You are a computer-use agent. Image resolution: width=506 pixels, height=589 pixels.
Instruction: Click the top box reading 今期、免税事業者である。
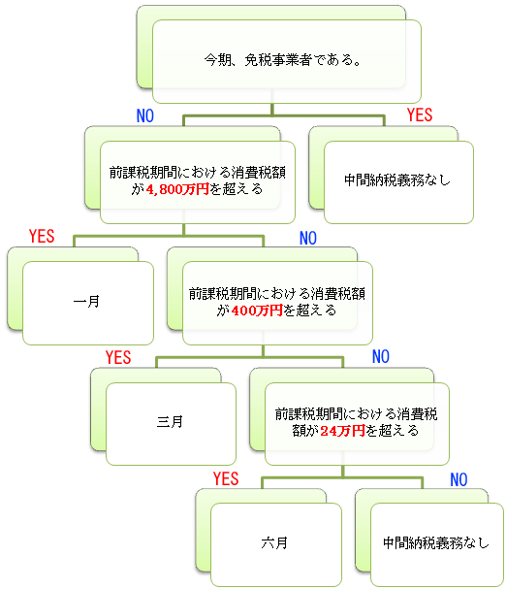287,61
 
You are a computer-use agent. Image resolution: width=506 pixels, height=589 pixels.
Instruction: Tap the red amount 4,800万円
177,189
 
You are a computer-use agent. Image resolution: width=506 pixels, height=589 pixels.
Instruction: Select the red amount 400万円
257,311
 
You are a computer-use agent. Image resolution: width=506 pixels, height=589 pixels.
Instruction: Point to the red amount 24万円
342,431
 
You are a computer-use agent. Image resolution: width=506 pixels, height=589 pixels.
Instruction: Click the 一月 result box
88,303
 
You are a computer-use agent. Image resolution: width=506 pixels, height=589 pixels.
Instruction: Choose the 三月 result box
172,424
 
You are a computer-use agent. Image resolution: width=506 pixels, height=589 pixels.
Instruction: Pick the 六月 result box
276,544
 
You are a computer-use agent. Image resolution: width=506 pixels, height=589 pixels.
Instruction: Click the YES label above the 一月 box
42,236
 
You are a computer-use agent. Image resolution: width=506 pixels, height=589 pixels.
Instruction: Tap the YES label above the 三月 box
118,358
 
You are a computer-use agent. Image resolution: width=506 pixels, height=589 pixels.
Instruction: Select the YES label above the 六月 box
226,479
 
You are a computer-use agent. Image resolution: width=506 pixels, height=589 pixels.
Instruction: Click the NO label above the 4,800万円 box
145,115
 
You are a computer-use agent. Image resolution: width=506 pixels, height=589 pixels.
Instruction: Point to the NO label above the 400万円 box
308,238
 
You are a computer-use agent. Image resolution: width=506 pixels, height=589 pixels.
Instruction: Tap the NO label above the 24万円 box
381,356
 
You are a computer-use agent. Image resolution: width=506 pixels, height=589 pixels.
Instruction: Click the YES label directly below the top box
420,115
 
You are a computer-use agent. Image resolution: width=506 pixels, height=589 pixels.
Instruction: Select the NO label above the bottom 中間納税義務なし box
459,479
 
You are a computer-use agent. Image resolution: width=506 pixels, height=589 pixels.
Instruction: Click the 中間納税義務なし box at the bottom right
437,544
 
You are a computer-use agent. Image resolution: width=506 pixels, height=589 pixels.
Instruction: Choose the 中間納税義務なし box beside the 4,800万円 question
398,182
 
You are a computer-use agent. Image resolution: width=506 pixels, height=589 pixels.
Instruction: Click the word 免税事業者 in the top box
278,60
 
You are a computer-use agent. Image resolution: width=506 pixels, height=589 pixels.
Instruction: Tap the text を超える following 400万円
310,311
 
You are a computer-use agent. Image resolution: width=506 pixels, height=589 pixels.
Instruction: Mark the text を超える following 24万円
393,431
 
